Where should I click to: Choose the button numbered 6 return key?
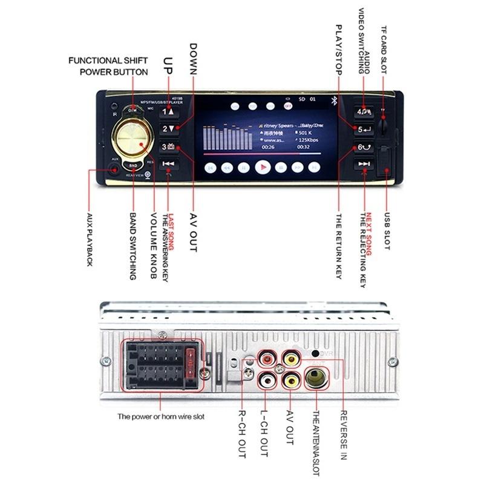click(x=364, y=147)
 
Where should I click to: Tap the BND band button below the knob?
click(x=133, y=165)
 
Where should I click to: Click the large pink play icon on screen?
click(x=261, y=167)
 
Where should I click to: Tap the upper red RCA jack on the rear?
click(x=267, y=358)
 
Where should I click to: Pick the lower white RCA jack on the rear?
click(x=267, y=381)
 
